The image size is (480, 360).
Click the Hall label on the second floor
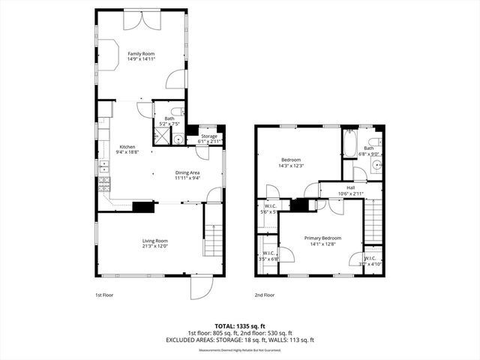pyautogui.click(x=350, y=187)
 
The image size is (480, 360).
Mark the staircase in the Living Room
pyautogui.click(x=214, y=241)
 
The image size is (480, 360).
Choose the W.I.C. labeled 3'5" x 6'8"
pyautogui.click(x=268, y=256)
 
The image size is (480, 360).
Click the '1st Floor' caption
pyautogui.click(x=105, y=295)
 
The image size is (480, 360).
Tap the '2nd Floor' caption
pyautogui.click(x=263, y=295)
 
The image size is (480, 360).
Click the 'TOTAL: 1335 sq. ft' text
pyautogui.click(x=240, y=325)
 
